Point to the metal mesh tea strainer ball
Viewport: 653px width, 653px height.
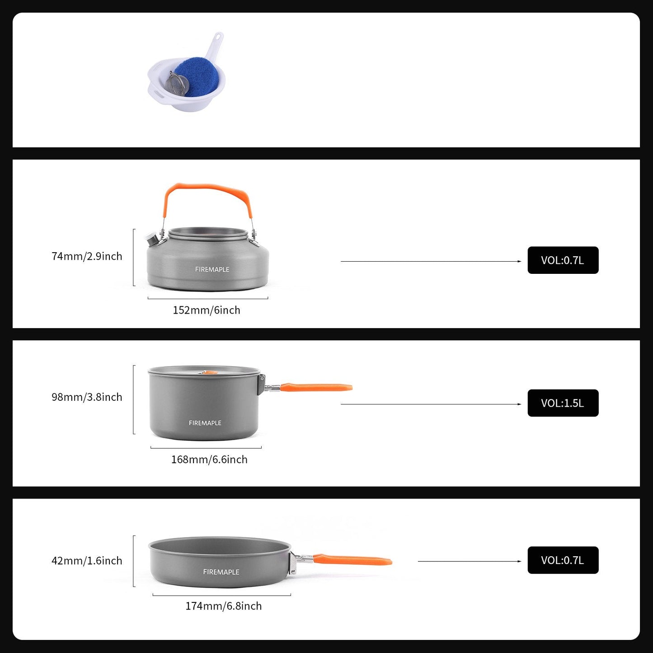(x=176, y=84)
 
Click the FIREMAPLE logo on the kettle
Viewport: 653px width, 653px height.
(x=212, y=269)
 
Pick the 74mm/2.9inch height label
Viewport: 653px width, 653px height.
(x=87, y=256)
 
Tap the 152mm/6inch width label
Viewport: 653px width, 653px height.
(x=207, y=310)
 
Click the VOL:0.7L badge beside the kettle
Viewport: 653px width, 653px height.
(x=563, y=260)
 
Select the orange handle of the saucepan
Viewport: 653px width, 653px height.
(x=316, y=387)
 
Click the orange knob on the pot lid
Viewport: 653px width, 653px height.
(x=208, y=373)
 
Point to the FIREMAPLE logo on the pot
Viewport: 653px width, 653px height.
(x=205, y=423)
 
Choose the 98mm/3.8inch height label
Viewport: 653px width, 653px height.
(x=87, y=397)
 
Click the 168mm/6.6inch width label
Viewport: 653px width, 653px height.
(x=209, y=460)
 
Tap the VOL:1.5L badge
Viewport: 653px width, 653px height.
(x=563, y=403)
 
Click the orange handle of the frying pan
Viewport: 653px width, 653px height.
(x=352, y=560)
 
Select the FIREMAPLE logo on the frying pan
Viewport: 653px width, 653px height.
(x=221, y=572)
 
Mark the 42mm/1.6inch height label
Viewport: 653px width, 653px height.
(x=87, y=561)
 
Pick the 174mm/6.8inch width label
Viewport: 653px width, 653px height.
(x=223, y=606)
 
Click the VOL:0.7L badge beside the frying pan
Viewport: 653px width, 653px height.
(x=563, y=560)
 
